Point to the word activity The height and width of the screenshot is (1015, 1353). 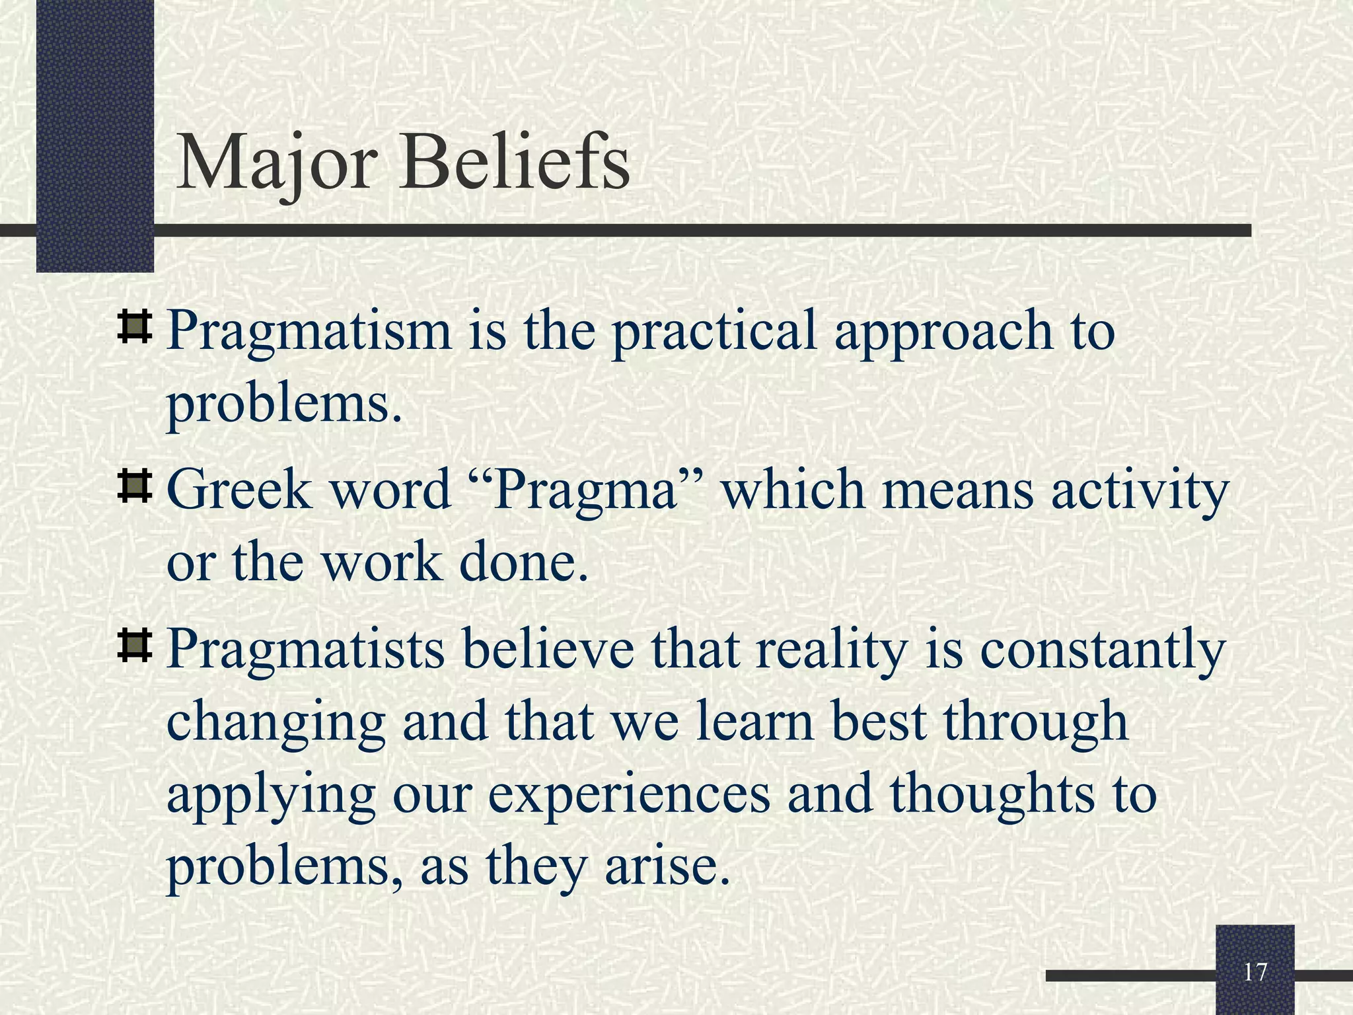(x=1140, y=492)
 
